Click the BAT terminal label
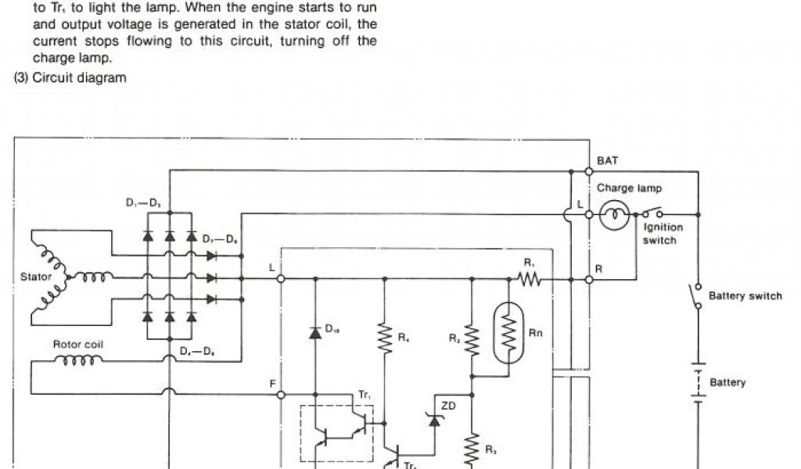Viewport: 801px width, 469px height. tap(607, 160)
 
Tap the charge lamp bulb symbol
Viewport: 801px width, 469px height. tap(615, 214)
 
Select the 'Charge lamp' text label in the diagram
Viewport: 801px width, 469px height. tap(629, 188)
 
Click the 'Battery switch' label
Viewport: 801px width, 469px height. tap(745, 296)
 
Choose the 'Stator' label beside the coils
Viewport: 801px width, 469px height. tap(36, 277)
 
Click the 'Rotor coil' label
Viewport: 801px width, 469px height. tap(77, 344)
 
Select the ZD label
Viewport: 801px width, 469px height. tap(448, 406)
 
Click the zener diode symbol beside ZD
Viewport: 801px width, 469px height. tap(434, 419)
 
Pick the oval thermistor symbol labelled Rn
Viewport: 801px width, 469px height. tap(509, 332)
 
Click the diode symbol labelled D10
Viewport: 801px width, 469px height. tap(315, 333)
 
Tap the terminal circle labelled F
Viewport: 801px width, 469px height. tap(281, 395)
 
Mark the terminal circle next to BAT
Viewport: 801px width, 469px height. tap(588, 170)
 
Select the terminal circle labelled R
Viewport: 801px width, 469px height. tap(588, 278)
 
